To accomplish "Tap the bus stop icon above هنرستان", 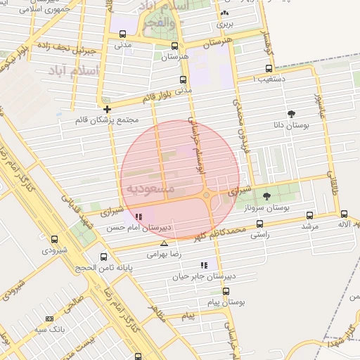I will click(174, 45).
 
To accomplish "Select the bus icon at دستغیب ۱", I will click(269, 69).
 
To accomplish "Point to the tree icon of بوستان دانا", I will click(291, 114).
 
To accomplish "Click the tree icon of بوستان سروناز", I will click(266, 197).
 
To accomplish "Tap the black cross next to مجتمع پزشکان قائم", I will click(107, 109).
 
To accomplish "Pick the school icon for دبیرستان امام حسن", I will click(139, 217).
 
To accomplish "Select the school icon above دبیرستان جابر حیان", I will click(204, 265).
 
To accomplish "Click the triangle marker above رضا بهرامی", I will click(164, 243).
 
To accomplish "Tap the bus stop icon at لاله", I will click(344, 214).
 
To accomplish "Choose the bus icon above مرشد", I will click(310, 216).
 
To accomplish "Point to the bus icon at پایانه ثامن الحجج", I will click(104, 257).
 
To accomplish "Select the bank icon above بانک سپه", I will click(49, 319).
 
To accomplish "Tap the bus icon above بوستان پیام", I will click(226, 290).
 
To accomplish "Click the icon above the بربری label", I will click(224, 13).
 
